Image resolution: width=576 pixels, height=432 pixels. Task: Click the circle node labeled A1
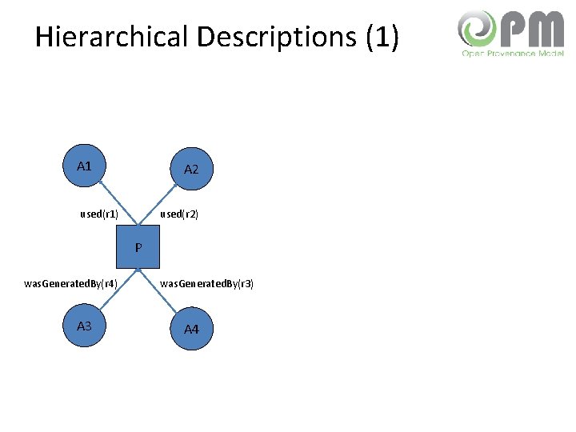(84, 166)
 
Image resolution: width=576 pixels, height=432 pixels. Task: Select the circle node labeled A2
(192, 169)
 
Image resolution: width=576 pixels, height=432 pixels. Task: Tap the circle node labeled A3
(84, 326)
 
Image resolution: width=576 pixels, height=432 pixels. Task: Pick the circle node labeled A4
(192, 329)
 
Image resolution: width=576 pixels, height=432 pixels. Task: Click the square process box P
(138, 248)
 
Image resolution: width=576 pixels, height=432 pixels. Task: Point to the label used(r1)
(100, 214)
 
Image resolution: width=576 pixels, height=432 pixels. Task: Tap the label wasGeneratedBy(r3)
(207, 283)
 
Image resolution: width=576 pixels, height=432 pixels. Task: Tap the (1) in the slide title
(382, 37)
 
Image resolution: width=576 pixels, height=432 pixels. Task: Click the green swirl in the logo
(477, 30)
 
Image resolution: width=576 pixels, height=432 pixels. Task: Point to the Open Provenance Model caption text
(512, 54)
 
